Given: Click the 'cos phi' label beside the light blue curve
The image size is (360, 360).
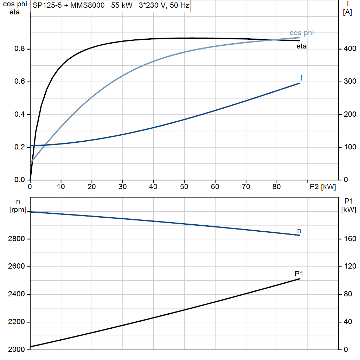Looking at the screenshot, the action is [x=301, y=33].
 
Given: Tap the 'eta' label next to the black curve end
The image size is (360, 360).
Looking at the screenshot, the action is [x=301, y=46].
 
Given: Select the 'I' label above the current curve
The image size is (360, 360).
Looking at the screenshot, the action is [x=301, y=78].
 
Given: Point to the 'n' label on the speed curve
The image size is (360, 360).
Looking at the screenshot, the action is [x=299, y=231].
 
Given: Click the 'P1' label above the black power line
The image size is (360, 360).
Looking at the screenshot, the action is [x=299, y=274].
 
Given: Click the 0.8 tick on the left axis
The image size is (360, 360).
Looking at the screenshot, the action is [x=20, y=49].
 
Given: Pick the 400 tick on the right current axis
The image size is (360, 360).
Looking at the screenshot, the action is [x=350, y=49].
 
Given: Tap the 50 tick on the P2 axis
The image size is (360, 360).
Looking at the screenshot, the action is [x=184, y=187].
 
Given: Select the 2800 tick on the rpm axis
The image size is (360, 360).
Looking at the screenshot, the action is [x=16, y=239].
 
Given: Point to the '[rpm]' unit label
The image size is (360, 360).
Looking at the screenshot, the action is [x=18, y=210].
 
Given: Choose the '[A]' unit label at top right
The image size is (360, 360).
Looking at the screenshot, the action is [x=347, y=12].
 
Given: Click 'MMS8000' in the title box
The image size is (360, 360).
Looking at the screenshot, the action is [x=87, y=5].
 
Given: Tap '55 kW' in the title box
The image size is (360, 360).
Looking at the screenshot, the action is [x=122, y=5].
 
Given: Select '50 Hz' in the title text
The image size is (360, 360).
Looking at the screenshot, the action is [x=180, y=5].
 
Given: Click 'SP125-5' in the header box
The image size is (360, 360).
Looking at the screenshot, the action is [x=47, y=5].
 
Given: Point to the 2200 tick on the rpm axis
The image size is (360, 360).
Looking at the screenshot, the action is [x=16, y=322].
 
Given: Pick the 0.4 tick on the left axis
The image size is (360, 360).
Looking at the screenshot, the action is [x=20, y=114].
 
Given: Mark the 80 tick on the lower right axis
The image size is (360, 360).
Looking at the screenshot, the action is [x=348, y=294].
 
